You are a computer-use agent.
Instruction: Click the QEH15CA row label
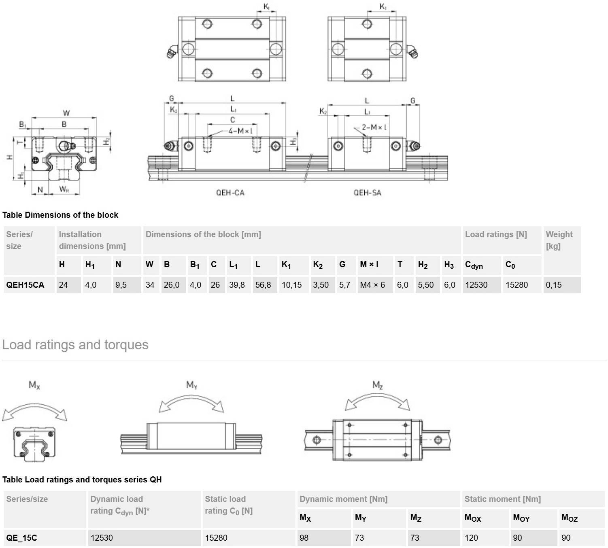tap(25, 285)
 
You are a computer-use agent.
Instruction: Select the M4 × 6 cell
tap(372, 285)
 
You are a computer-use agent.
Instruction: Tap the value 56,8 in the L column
tap(263, 285)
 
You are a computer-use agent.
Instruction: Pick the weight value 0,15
tap(554, 285)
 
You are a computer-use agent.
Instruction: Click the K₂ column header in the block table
tap(318, 265)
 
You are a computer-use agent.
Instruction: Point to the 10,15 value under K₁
tap(292, 285)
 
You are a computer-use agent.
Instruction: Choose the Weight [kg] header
tap(559, 240)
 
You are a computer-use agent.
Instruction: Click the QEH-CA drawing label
tap(230, 193)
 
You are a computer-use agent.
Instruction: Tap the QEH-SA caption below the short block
tap(368, 193)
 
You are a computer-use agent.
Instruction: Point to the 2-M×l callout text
tap(374, 127)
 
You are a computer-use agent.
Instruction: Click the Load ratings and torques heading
tap(75, 345)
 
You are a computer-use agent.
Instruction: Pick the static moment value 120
tap(471, 538)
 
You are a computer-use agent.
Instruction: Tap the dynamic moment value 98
tap(304, 538)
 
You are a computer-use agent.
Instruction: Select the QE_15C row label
tap(21, 538)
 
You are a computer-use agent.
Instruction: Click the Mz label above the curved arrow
tap(377, 385)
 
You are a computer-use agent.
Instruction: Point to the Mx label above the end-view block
tap(34, 385)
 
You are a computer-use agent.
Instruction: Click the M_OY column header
tap(521, 518)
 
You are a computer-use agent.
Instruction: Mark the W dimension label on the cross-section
tap(66, 113)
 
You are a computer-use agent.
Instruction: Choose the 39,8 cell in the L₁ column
tap(237, 285)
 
